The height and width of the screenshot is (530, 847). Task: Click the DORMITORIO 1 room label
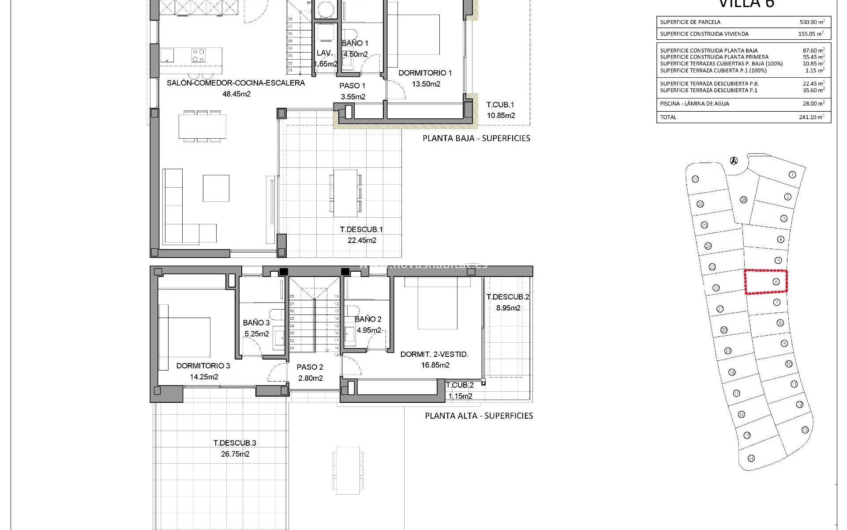point(425,73)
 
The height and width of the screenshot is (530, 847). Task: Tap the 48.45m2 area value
point(236,94)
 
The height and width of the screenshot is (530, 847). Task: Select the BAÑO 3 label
point(256,323)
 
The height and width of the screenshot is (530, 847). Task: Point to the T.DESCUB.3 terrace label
point(235,443)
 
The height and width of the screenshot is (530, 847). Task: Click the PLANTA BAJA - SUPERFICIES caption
point(476,138)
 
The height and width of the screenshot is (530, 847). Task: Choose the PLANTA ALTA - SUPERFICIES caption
point(479,416)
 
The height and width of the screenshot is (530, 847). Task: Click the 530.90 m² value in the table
point(812,22)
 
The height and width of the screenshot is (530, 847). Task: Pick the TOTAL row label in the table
point(668,117)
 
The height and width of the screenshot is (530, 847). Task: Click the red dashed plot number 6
point(776,282)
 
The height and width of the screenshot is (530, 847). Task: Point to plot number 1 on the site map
point(792,175)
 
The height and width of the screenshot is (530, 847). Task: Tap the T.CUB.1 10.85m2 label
point(500,110)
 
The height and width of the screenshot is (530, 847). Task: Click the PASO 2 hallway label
point(310,367)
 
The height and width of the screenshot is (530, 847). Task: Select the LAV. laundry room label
point(324,53)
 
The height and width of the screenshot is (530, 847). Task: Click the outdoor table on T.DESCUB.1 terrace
point(345,193)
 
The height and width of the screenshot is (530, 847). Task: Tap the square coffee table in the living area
point(216,188)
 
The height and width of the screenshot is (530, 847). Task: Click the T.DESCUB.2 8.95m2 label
point(507,302)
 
